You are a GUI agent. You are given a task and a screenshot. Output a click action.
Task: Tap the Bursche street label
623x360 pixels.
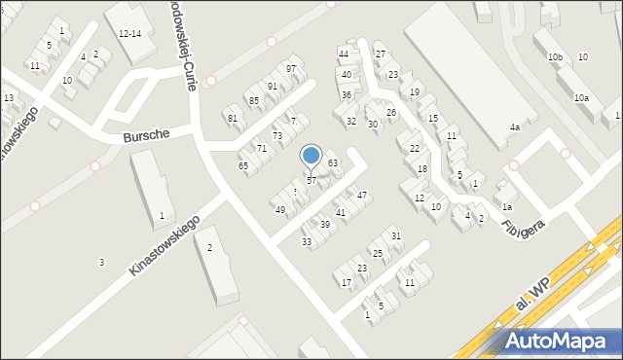(x=147, y=137)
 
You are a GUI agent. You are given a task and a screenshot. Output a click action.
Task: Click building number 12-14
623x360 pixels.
(x=130, y=33)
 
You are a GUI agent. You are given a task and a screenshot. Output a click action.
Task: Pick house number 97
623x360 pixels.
(x=290, y=68)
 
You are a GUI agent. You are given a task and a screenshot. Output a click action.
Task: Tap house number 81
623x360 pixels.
(x=232, y=119)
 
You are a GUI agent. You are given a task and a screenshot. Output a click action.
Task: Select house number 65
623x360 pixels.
(x=243, y=166)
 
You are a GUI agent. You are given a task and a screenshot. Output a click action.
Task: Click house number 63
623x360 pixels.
(x=332, y=162)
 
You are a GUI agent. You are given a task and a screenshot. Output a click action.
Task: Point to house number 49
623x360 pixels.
(x=279, y=210)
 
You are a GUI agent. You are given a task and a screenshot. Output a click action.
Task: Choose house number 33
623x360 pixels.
(x=306, y=241)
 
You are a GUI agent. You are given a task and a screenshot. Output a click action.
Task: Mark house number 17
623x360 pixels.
(x=346, y=282)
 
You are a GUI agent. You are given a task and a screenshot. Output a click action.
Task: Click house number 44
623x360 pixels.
(x=343, y=53)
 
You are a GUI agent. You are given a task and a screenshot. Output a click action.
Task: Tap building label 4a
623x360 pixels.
(x=514, y=127)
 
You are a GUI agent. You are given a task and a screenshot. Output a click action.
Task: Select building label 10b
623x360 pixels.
(x=555, y=57)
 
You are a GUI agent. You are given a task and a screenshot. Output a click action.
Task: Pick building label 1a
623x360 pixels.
(x=506, y=206)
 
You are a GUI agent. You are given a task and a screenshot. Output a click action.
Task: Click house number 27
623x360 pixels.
(x=380, y=54)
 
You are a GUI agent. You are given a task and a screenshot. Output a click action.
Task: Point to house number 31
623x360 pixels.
(x=395, y=235)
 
